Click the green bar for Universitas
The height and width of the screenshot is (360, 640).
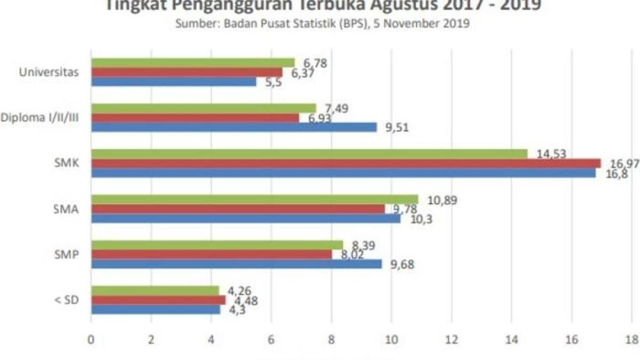coord(193,63)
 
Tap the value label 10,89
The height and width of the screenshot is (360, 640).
coord(443,200)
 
